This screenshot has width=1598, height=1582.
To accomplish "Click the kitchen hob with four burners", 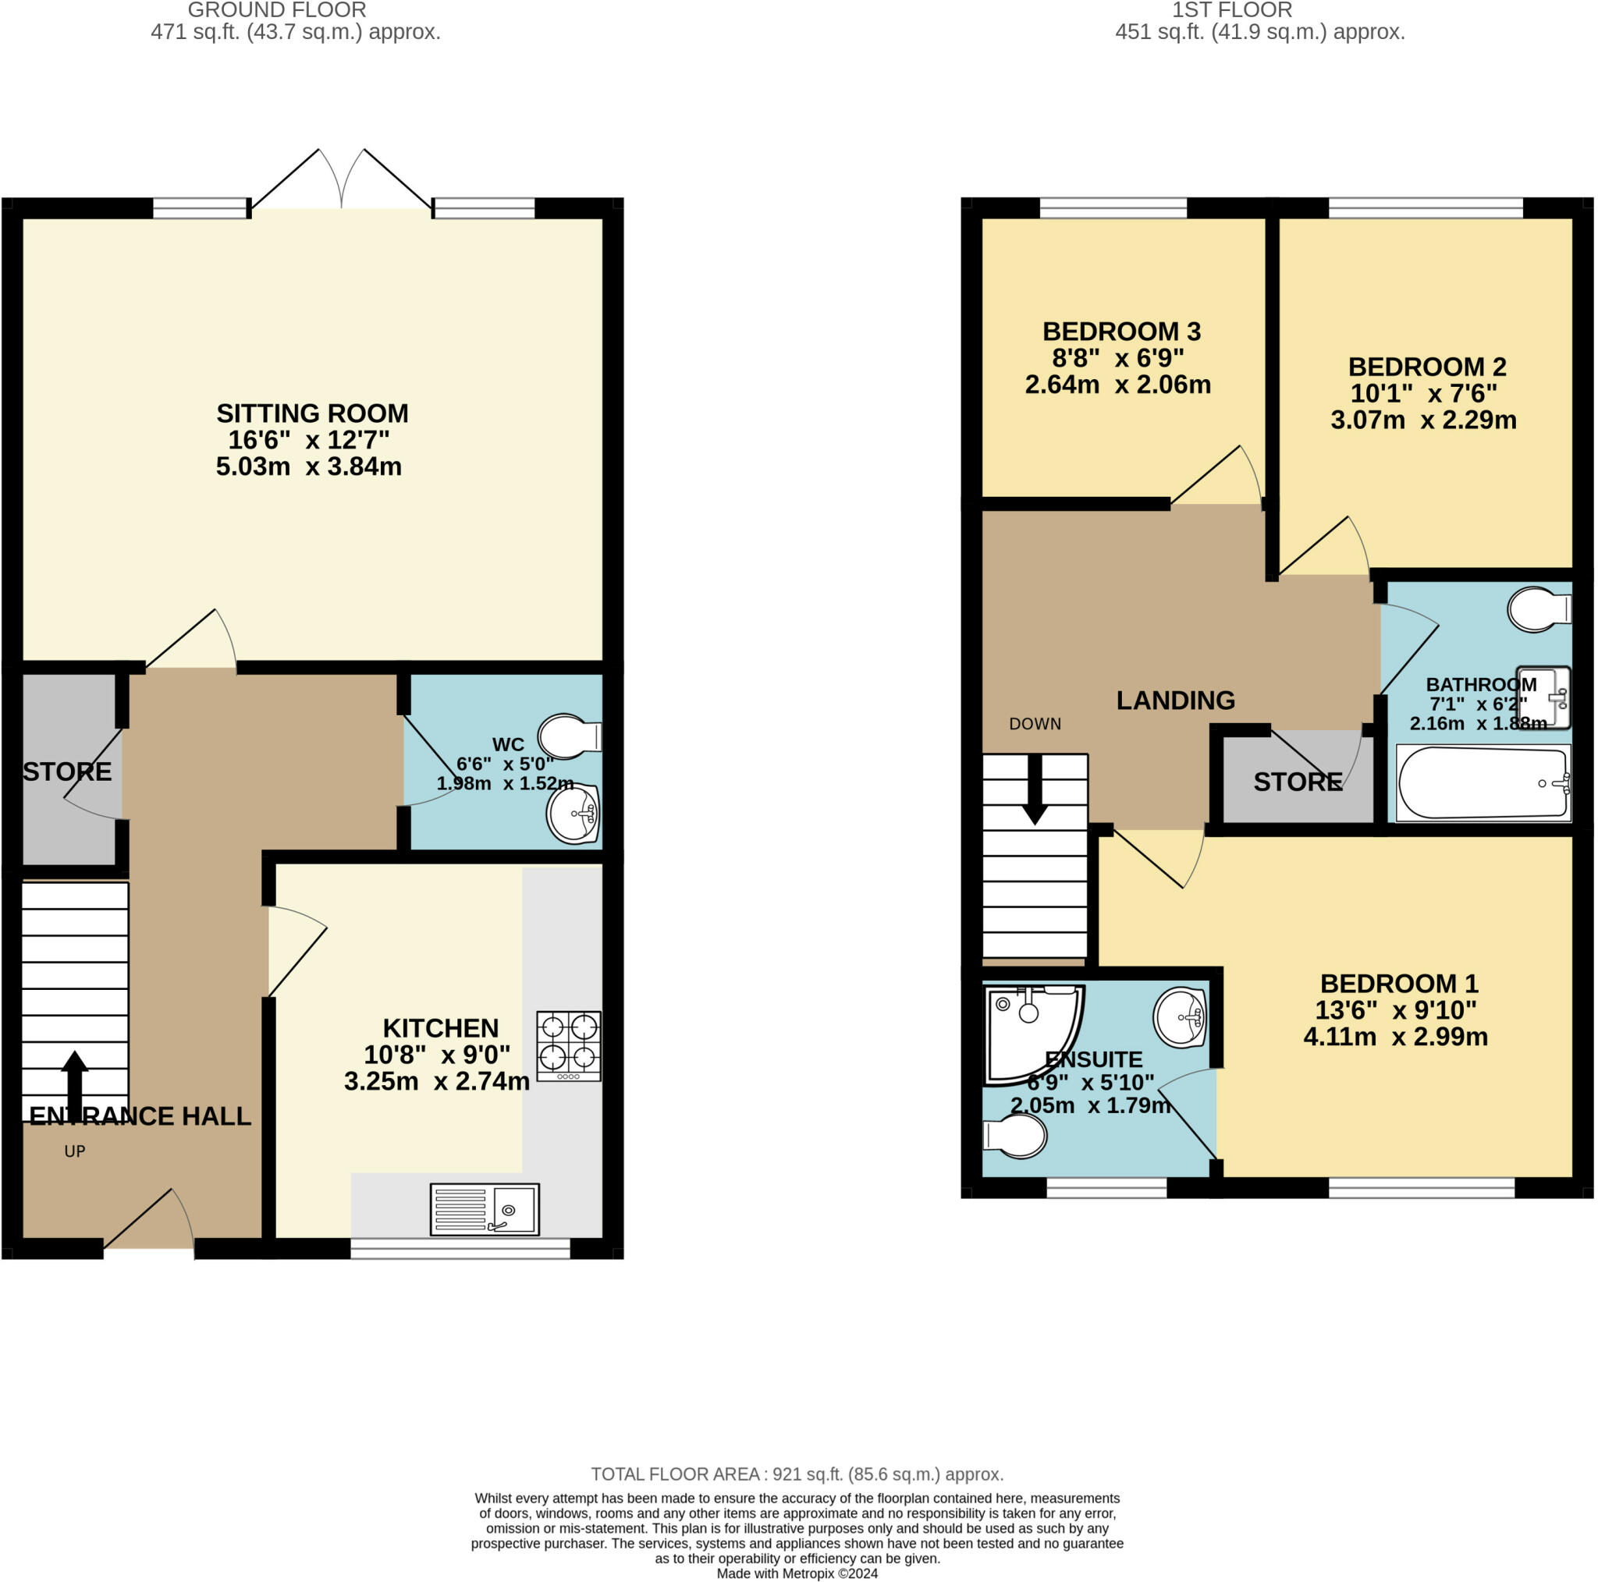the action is coord(569,1046).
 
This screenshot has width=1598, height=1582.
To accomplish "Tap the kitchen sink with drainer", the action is coord(485,1209).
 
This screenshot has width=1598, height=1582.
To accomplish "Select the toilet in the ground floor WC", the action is coord(570,736).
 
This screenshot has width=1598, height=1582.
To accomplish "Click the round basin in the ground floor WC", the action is coord(574,814).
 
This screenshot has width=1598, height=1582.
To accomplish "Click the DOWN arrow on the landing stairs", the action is coord(1035,789).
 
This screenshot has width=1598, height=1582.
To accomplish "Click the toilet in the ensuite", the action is coord(1015,1137).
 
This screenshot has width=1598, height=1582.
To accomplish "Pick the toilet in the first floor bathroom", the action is coord(1539,609).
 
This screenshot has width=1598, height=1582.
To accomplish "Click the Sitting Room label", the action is coord(313,413).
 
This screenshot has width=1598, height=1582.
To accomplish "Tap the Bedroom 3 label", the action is coord(1121,332).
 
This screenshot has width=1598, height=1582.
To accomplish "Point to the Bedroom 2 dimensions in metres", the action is coord(1423,420).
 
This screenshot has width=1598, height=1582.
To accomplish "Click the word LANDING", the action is coord(1175,701).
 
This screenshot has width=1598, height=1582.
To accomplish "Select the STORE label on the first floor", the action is coord(1298,782).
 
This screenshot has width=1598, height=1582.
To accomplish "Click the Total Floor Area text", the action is coord(797,1474).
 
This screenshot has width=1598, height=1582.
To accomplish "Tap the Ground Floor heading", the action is coord(277,11).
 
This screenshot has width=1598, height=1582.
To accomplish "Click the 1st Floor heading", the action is coord(1231,11).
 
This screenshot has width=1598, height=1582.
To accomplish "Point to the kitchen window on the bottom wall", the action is coord(460,1248).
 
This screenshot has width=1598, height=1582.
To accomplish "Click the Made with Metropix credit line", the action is coord(797,1573).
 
